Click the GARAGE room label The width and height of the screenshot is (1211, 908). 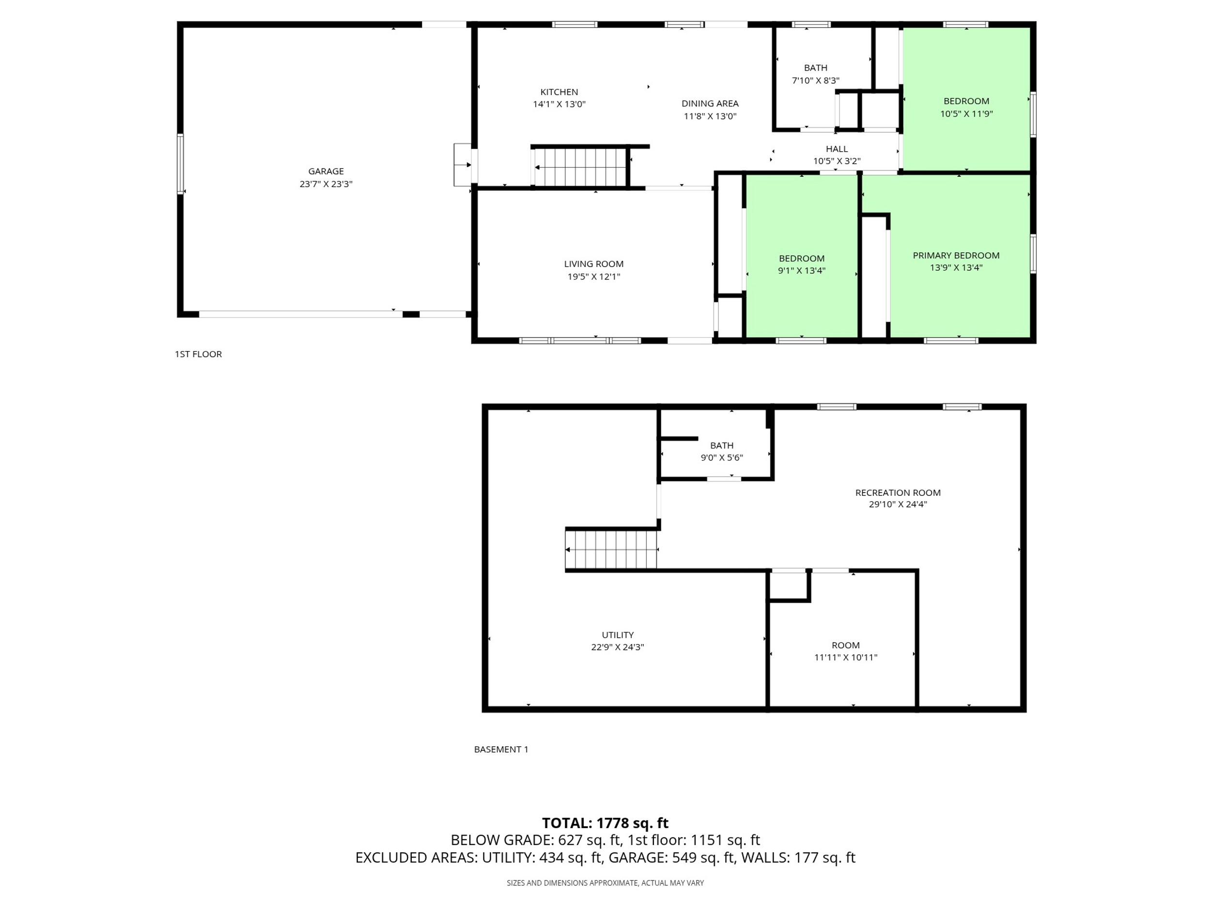[326, 171]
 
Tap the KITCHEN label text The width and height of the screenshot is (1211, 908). [559, 92]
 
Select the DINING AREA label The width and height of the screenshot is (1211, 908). [710, 104]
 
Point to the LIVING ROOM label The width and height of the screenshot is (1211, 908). [594, 264]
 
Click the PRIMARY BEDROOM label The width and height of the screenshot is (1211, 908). [956, 255]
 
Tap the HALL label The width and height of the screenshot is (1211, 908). [837, 149]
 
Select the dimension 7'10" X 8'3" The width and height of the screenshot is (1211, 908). [816, 80]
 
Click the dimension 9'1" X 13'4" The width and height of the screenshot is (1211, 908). [802, 270]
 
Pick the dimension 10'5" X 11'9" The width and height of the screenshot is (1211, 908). [967, 114]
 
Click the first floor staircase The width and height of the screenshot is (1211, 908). [580, 167]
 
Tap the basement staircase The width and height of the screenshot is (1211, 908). [611, 550]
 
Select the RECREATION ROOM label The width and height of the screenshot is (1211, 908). [898, 492]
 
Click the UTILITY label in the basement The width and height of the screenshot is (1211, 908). [618, 635]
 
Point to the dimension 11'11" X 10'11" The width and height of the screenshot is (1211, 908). [846, 657]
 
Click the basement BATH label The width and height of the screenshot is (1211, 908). [722, 446]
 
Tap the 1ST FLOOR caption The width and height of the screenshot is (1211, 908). [198, 354]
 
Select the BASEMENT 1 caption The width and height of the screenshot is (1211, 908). [501, 749]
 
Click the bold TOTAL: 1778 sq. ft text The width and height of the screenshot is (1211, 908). [605, 823]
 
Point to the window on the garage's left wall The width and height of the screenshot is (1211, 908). [180, 164]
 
